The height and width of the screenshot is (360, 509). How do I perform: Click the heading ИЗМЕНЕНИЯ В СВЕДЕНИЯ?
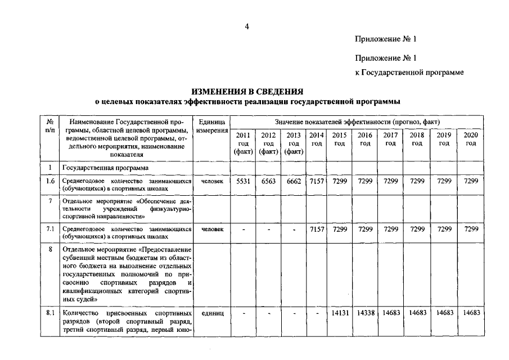[x=247, y=92]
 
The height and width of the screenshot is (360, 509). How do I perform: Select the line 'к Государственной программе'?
[x=409, y=73]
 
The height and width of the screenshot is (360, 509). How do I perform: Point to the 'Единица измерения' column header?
[x=212, y=126]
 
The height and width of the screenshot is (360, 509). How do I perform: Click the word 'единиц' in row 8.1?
[x=212, y=313]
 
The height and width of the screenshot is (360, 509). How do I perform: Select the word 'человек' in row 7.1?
[x=212, y=229]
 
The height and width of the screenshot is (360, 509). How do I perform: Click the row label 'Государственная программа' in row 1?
[x=106, y=168]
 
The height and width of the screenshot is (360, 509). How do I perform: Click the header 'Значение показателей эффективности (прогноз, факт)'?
[x=357, y=121]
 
